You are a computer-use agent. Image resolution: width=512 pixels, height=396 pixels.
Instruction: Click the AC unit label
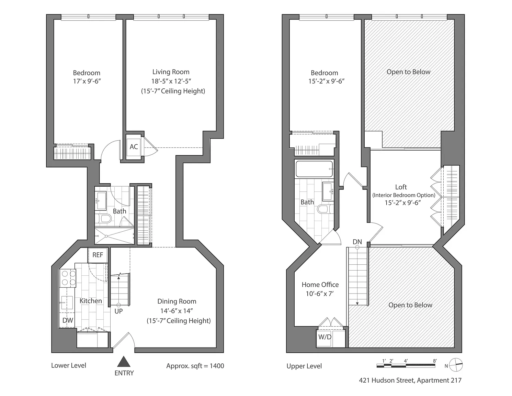tap(134, 147)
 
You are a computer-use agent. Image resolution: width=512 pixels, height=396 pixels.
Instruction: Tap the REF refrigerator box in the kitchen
tap(98, 255)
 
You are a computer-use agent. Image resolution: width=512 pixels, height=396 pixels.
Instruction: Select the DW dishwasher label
tap(68, 320)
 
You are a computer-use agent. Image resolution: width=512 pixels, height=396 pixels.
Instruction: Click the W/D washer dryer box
tap(325, 337)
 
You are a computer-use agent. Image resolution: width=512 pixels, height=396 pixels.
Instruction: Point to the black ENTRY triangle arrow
tap(124, 362)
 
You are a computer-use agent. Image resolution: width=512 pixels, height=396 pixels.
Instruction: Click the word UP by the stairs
tap(118, 311)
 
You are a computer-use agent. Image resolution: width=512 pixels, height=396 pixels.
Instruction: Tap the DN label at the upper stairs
tap(357, 242)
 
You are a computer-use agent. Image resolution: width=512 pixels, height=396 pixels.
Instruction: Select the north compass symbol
tap(456, 365)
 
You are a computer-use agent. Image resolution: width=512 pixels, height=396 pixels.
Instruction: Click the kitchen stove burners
tap(68, 278)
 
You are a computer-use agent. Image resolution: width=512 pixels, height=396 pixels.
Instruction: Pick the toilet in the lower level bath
tap(104, 219)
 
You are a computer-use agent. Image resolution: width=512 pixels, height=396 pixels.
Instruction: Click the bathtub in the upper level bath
tap(314, 169)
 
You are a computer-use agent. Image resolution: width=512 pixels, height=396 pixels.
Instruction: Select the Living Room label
tap(171, 72)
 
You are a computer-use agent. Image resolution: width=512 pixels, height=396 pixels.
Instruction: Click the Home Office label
tap(320, 285)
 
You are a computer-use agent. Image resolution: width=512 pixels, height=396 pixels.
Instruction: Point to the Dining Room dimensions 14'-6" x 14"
tap(177, 311)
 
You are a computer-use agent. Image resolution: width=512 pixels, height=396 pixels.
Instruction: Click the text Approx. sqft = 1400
tap(195, 366)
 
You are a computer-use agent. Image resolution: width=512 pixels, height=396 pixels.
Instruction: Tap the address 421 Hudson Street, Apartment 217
tap(410, 381)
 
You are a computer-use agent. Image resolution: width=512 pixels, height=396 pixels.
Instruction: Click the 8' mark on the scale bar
tap(435, 361)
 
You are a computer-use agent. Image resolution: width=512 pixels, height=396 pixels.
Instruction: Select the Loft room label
tap(401, 187)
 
